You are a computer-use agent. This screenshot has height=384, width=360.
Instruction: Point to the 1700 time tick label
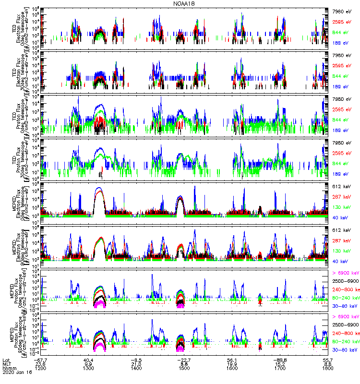coord(280,368)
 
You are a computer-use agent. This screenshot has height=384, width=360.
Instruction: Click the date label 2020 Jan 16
coord(16,372)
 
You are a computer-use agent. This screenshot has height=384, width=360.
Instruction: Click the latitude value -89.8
coord(280,360)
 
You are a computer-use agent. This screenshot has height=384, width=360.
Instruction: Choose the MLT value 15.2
coord(280,364)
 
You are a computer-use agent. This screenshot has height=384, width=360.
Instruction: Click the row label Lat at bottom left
coord(6,360)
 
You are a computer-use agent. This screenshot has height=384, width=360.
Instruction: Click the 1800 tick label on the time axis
coord(327,368)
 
